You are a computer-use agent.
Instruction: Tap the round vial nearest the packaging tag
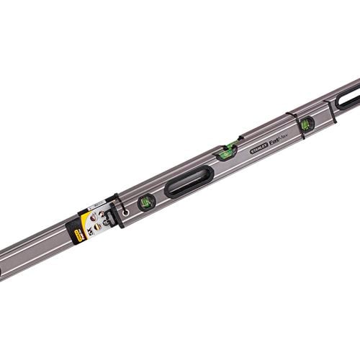[148, 201]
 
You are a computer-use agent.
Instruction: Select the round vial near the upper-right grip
[307, 123]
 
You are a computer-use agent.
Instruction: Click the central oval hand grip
[189, 181]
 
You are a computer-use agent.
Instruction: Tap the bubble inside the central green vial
[229, 148]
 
